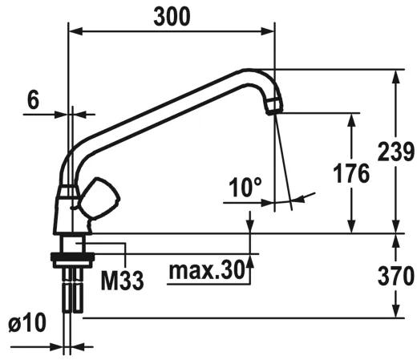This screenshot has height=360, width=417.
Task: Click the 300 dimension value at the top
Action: point(172,17)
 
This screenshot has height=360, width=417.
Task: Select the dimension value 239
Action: point(395,152)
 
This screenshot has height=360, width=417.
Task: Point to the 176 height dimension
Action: point(350,173)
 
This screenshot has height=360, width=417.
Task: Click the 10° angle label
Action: point(245,188)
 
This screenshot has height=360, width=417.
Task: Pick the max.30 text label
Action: point(206,271)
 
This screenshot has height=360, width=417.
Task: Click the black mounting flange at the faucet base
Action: point(73,257)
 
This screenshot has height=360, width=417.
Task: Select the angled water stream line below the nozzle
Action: point(281,160)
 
